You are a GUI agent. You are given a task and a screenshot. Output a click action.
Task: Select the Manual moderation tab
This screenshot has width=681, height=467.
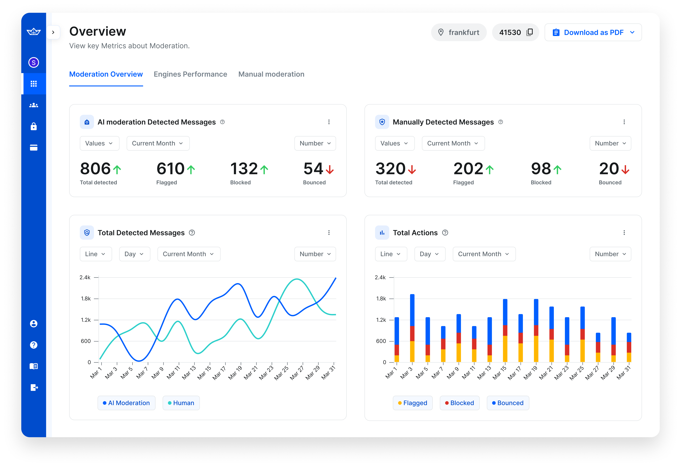point(271,74)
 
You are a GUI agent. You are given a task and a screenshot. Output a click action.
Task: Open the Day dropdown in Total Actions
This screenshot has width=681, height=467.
point(430,254)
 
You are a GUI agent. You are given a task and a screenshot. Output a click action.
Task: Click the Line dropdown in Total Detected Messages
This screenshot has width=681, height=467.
point(95,254)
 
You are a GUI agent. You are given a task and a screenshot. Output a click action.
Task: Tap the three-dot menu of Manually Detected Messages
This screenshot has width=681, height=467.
point(624,122)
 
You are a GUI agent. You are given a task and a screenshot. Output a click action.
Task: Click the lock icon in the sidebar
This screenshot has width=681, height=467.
point(34,126)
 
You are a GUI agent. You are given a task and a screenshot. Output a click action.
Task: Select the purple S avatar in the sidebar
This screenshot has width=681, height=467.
point(34,62)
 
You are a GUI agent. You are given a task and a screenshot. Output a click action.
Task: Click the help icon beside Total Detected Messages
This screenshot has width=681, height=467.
point(192,233)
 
